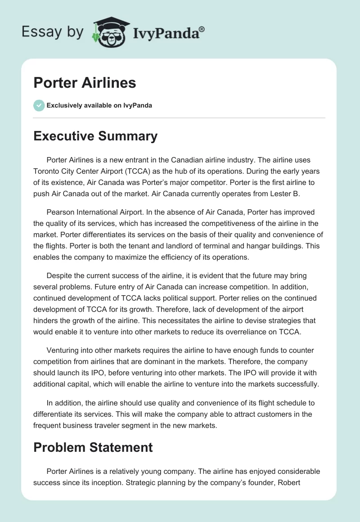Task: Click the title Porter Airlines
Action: pyautogui.click(x=85, y=83)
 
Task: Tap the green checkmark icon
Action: pyautogui.click(x=39, y=105)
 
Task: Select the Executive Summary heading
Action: pyautogui.click(x=95, y=136)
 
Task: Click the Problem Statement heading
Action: pyautogui.click(x=93, y=447)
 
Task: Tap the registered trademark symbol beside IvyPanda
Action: pyautogui.click(x=202, y=29)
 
